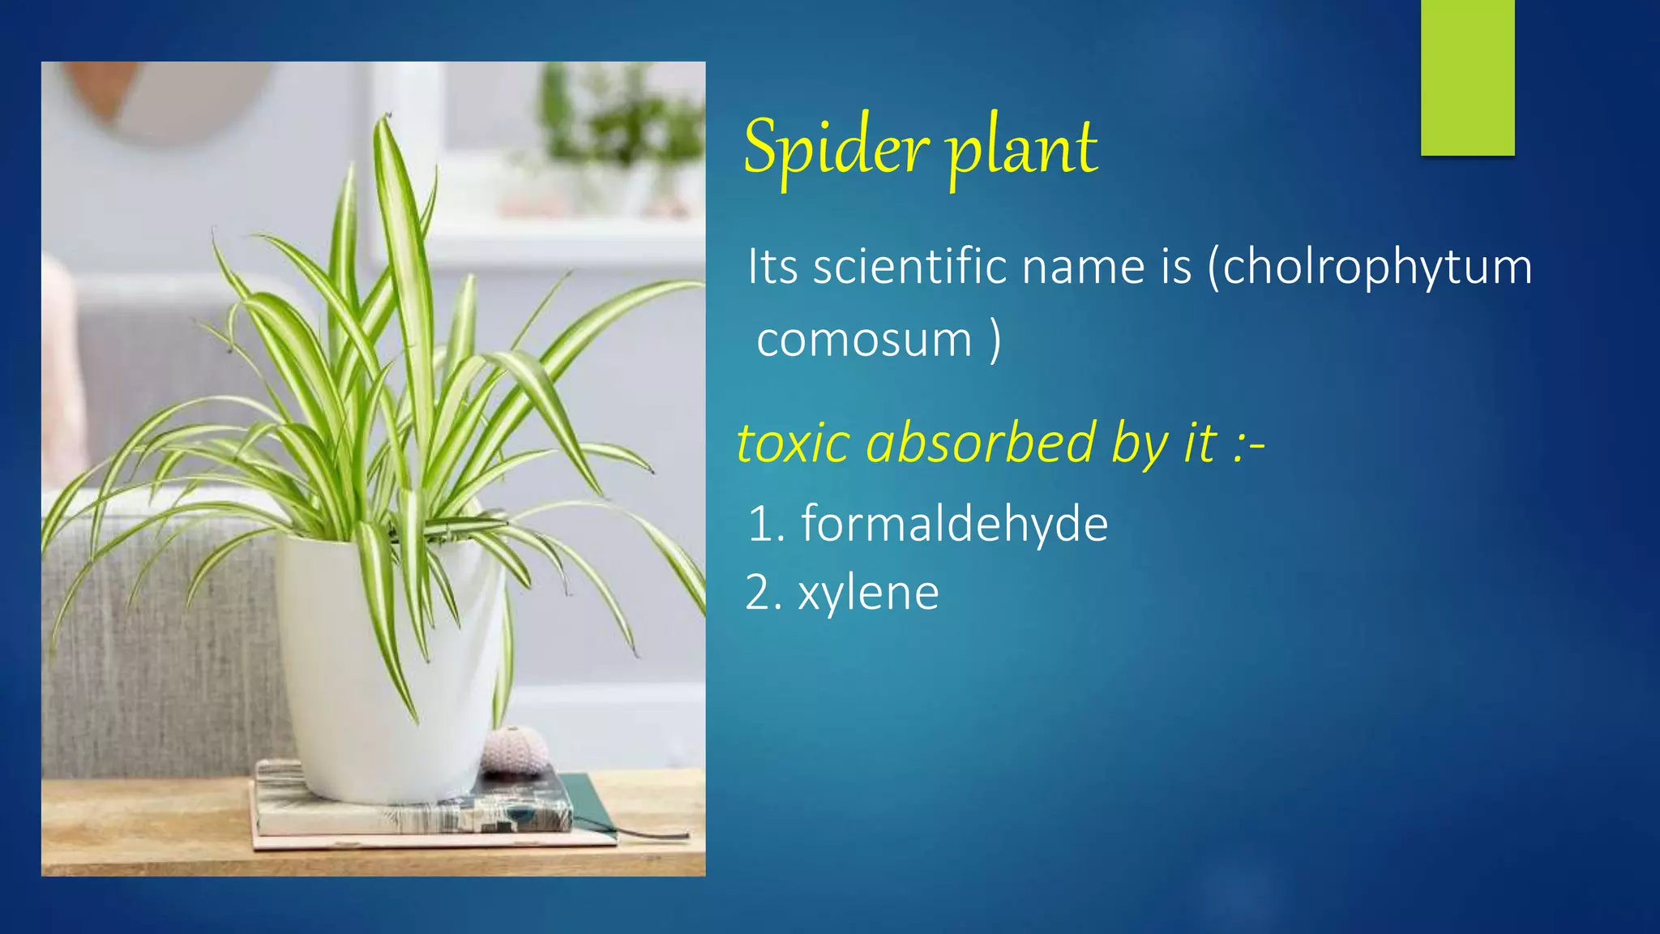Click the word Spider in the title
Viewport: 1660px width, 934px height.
[835, 148]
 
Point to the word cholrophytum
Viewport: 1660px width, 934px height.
[1377, 267]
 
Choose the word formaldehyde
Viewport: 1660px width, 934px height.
[954, 524]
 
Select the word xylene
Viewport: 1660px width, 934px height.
[868, 593]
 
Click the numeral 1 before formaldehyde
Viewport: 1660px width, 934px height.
[761, 524]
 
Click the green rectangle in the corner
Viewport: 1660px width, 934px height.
[1467, 77]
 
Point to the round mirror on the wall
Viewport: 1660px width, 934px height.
[162, 97]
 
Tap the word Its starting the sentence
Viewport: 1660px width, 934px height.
[773, 267]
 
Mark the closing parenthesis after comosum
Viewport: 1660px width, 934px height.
[995, 341]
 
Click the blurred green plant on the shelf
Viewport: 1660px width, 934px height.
[620, 122]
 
